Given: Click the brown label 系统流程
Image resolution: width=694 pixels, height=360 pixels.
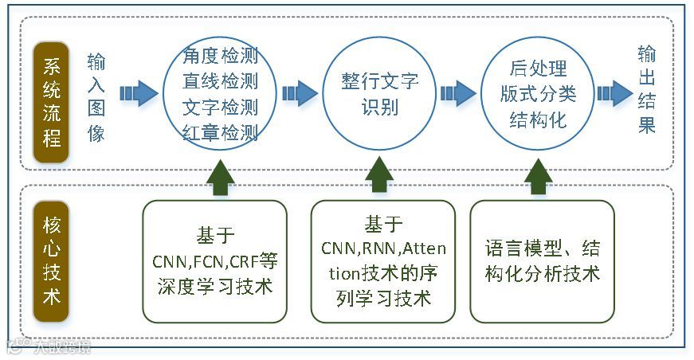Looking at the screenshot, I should pyautogui.click(x=52, y=94).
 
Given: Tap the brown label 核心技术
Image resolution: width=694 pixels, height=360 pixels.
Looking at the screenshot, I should pyautogui.click(x=52, y=260).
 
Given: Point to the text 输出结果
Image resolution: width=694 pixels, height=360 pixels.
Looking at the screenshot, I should pyautogui.click(x=646, y=89).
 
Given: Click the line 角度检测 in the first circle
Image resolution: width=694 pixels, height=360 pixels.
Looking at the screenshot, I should pyautogui.click(x=220, y=57).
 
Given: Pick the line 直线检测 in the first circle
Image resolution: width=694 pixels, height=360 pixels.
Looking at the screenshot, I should pyautogui.click(x=220, y=81).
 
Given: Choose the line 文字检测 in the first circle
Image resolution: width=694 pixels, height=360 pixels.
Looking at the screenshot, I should pyautogui.click(x=220, y=107).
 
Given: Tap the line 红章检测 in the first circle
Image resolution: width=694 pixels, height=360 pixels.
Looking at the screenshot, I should pyautogui.click(x=220, y=131).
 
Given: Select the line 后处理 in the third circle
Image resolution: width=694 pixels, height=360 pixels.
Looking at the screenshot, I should pyautogui.click(x=538, y=68).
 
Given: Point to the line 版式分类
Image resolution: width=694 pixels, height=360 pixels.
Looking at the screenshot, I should pyautogui.click(x=538, y=94).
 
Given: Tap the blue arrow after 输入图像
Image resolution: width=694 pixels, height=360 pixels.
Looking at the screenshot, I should pyautogui.click(x=139, y=94).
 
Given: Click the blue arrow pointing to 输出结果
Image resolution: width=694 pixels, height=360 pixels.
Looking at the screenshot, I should pyautogui.click(x=614, y=94).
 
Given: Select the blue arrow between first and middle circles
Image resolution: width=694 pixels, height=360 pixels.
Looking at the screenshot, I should pyautogui.click(x=300, y=94).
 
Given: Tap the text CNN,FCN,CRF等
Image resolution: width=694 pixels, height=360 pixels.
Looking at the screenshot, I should pyautogui.click(x=215, y=261).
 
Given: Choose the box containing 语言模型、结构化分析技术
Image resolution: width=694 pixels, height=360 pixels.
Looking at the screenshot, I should pyautogui.click(x=542, y=261).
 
